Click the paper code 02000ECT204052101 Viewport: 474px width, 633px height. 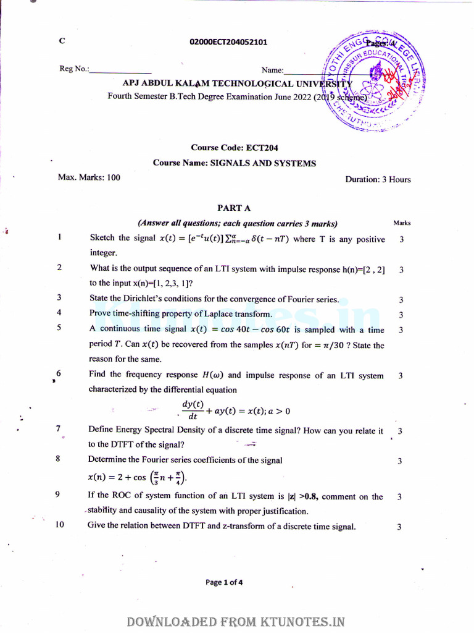click(x=229, y=42)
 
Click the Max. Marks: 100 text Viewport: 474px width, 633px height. click(x=89, y=177)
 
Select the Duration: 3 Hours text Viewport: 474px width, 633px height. click(x=378, y=179)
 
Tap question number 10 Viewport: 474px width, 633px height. click(x=60, y=526)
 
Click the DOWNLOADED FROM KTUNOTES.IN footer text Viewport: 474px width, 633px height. click(x=235, y=622)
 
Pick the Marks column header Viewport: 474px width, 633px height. click(x=401, y=223)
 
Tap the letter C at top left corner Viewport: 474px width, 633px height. click(x=61, y=41)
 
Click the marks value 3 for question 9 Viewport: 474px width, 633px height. click(x=400, y=497)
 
